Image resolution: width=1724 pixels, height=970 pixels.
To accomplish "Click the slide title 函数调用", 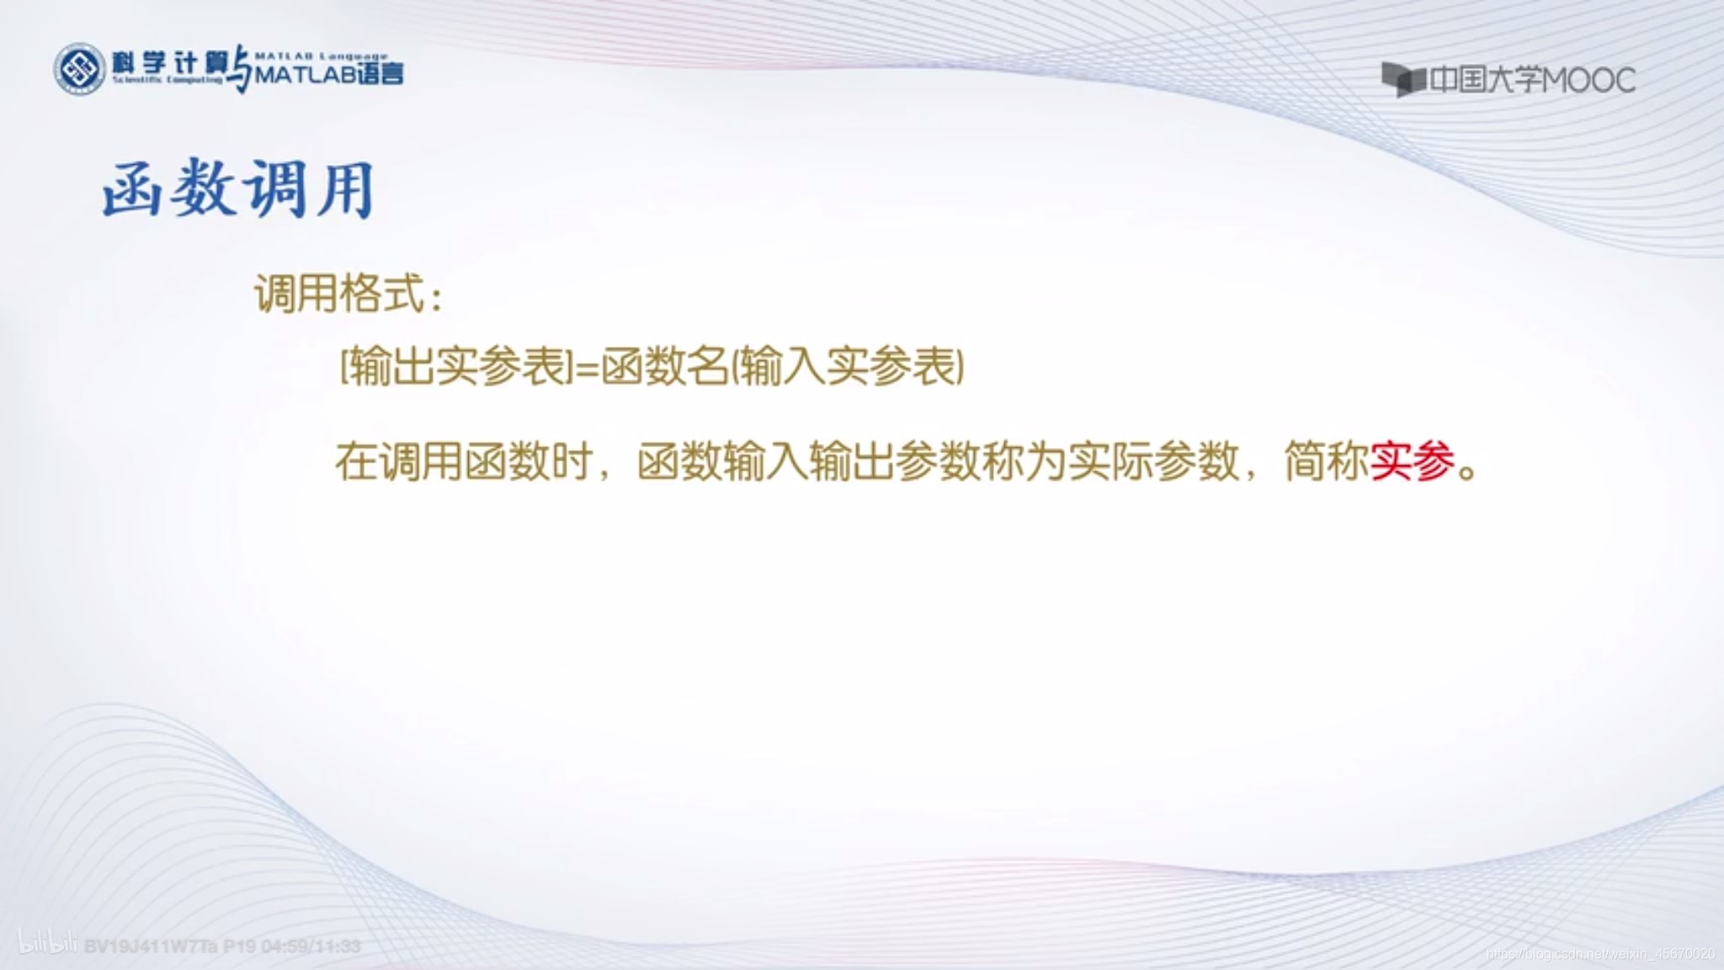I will [238, 189].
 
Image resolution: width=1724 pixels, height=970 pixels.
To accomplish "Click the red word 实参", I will [1413, 461].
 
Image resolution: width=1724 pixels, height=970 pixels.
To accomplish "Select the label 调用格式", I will [340, 294].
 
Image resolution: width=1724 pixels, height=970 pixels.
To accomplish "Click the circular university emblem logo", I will [79, 69].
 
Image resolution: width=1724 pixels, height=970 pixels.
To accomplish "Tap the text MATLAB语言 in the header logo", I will [329, 75].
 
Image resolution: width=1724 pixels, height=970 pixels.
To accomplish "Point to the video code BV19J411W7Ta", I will [151, 946].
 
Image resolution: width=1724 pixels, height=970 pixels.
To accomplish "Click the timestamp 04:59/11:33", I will [311, 946].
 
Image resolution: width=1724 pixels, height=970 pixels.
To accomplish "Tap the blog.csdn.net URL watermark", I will [1600, 954].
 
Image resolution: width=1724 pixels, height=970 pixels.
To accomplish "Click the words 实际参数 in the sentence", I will [1153, 461].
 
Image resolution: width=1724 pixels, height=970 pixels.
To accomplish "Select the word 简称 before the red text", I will [1326, 461].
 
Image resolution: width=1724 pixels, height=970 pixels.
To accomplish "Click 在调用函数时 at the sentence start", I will [463, 461].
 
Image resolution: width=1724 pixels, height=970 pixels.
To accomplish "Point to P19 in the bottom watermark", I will [239, 946].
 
